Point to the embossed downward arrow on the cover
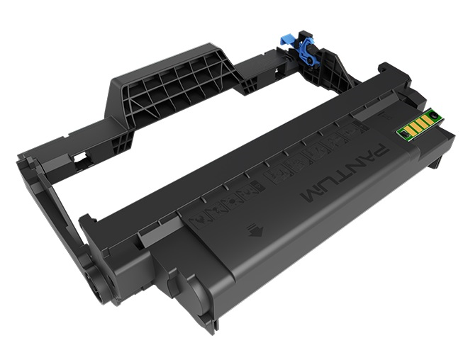pos(252,229)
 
